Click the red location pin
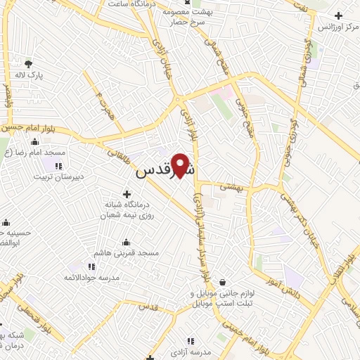coord(182,165)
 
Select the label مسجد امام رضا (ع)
coord(31,152)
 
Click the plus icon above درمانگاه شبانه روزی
coord(127,193)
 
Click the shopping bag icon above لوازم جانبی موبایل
coord(222,281)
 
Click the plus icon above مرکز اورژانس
coord(339,15)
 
